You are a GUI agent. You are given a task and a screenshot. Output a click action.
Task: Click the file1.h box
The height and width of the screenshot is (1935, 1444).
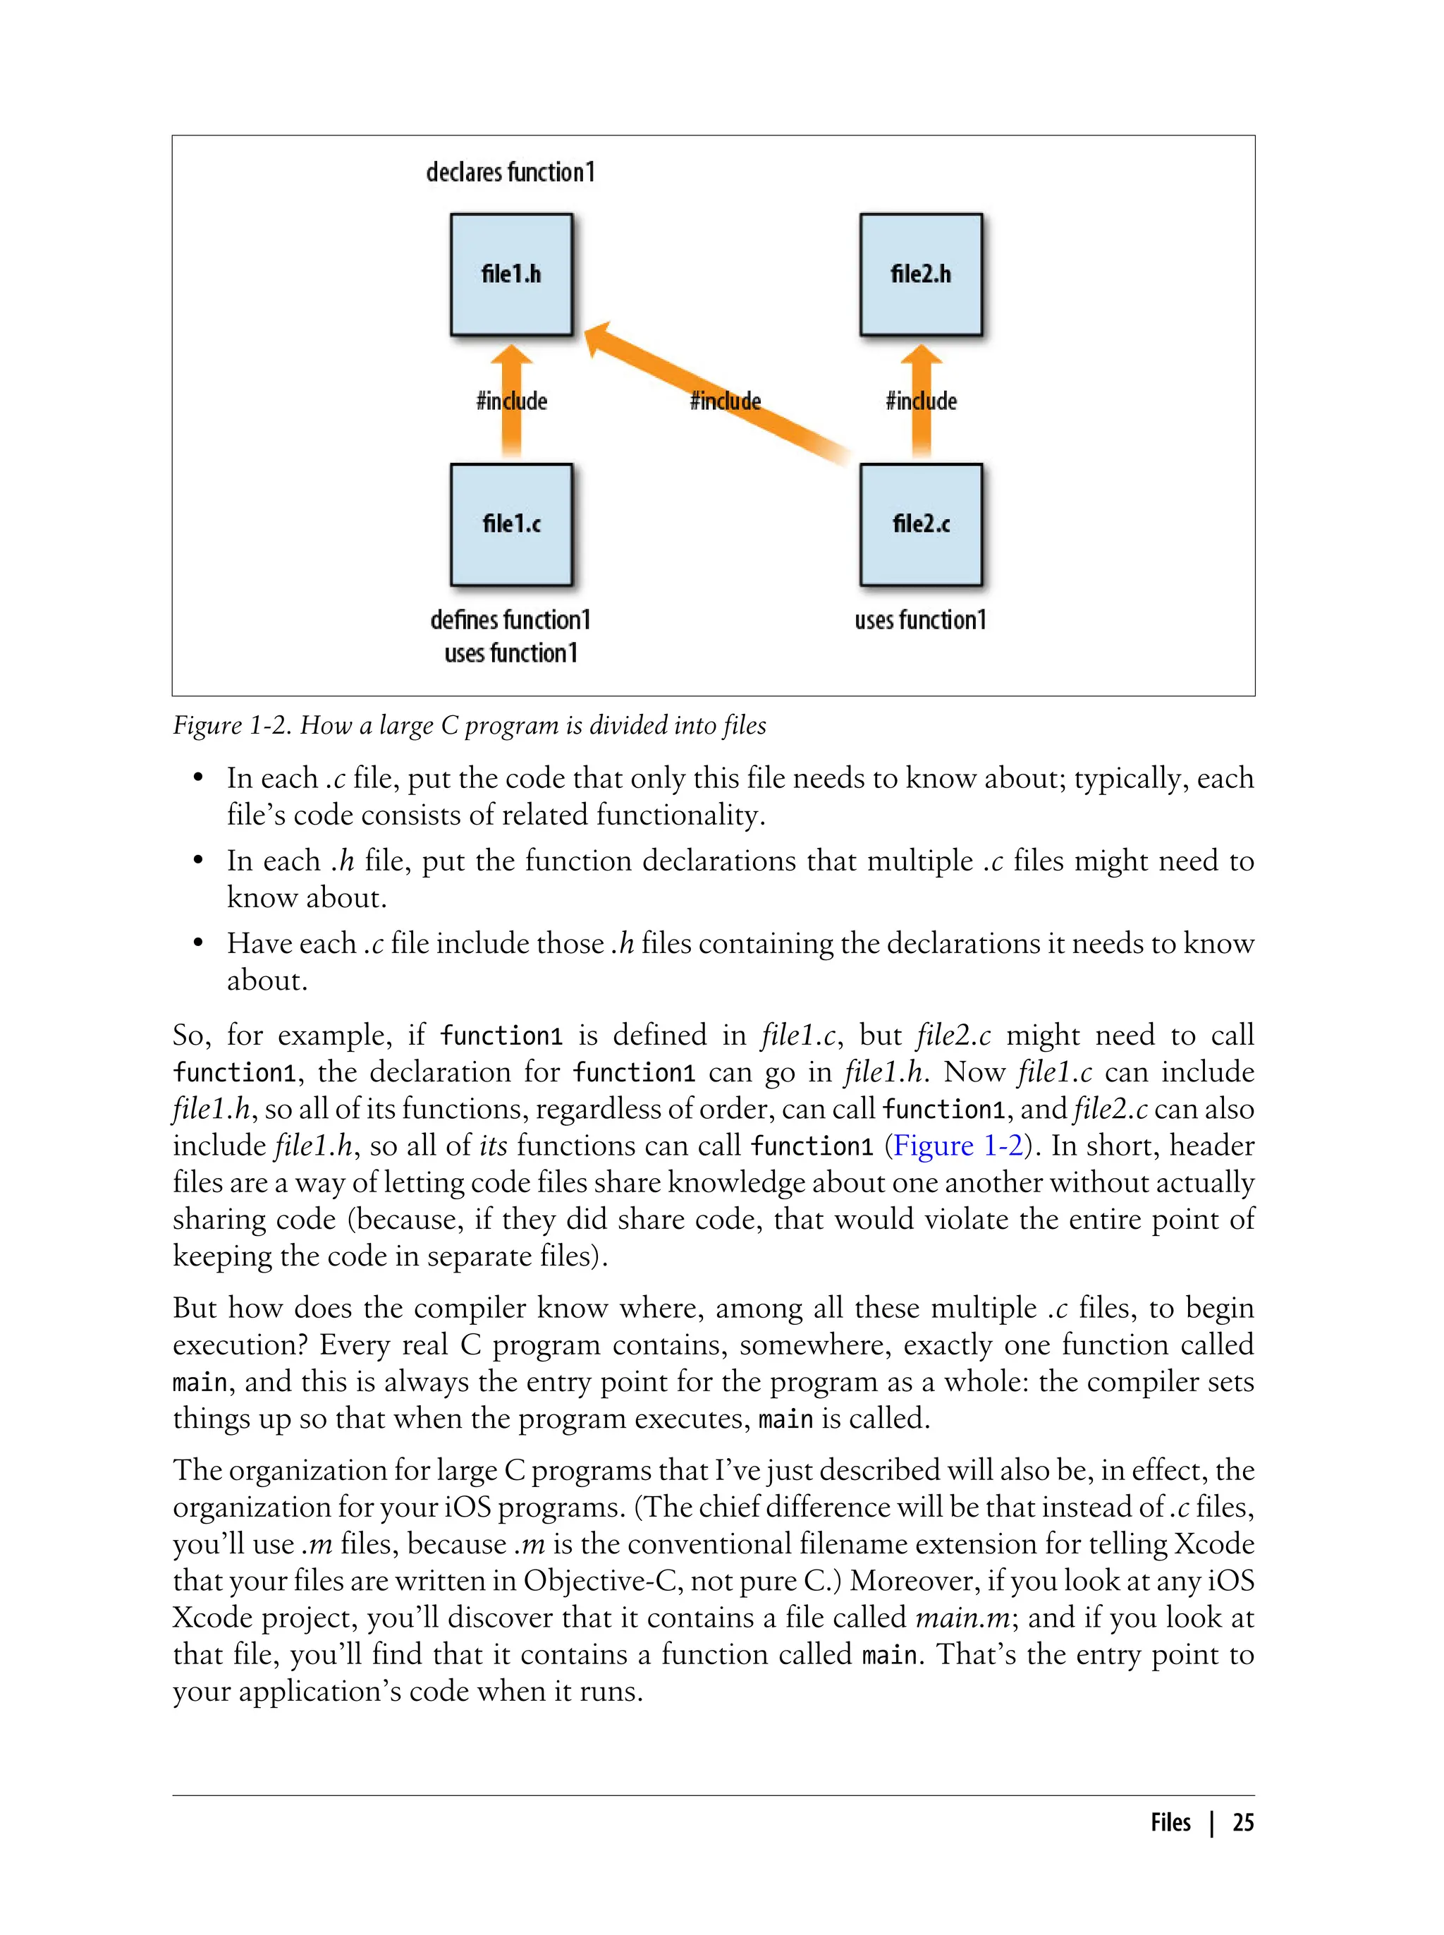(x=511, y=274)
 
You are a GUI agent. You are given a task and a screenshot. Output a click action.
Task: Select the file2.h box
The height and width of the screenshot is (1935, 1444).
(x=920, y=274)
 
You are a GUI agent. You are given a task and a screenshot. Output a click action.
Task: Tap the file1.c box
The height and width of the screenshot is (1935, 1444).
(x=511, y=523)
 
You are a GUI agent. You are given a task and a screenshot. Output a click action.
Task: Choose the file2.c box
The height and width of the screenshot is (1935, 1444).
(x=920, y=523)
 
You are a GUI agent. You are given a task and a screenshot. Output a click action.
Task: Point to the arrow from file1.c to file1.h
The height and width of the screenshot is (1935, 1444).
(x=511, y=428)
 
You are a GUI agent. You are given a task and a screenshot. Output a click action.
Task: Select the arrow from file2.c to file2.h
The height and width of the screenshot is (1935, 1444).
(x=920, y=428)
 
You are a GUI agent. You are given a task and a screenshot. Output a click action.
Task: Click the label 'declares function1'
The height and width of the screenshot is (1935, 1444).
(x=510, y=172)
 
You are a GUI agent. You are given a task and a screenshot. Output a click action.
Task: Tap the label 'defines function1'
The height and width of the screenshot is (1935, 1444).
(x=510, y=620)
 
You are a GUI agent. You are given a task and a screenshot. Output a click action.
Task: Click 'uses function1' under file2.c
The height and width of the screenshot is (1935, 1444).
(x=920, y=620)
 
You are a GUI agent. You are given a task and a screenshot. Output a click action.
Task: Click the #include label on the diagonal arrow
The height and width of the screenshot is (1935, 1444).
(x=726, y=401)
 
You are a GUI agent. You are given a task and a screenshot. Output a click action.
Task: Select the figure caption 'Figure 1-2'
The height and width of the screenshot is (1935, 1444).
(x=233, y=725)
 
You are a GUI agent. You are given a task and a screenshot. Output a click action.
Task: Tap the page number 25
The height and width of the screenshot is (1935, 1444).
(x=1243, y=1822)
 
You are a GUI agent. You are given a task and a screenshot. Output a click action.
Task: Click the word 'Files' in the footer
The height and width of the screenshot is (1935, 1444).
(x=1170, y=1822)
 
